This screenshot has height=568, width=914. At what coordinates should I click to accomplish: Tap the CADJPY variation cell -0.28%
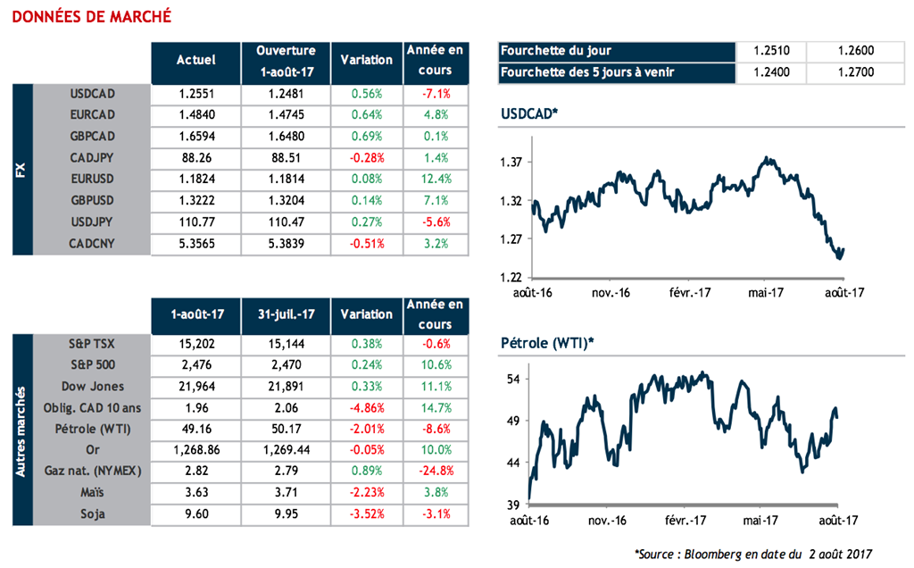coord(366,157)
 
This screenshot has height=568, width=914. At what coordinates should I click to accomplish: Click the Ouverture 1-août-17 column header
coord(285,61)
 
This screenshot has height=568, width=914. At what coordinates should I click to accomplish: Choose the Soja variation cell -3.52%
coord(366,514)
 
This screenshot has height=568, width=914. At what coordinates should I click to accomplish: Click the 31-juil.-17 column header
coord(285,314)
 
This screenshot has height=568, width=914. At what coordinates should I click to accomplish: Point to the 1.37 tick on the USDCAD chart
coord(510,162)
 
